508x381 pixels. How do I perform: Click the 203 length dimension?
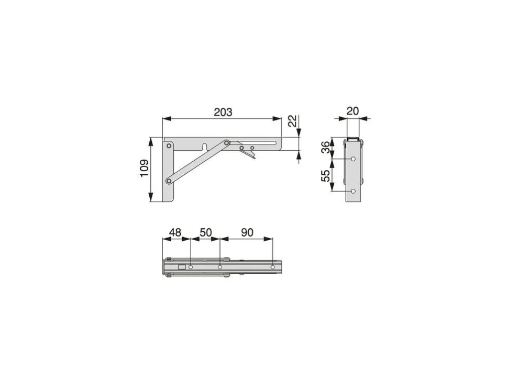[x=223, y=112]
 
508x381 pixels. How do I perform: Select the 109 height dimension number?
[x=144, y=168]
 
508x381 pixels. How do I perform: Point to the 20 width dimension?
[x=352, y=111]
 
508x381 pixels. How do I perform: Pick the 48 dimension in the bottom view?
[x=175, y=232]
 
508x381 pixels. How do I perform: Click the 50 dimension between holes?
[x=206, y=232]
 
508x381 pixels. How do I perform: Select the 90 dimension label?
[x=247, y=232]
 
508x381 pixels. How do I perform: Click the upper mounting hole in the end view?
[x=353, y=159]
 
